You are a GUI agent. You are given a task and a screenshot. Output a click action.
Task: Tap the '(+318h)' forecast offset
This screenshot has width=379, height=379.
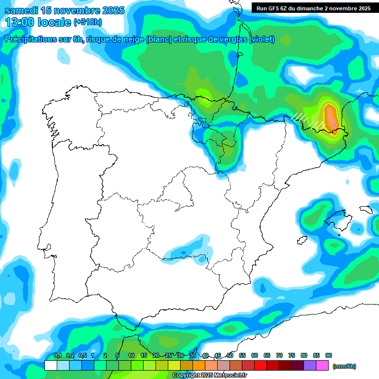tap(87, 22)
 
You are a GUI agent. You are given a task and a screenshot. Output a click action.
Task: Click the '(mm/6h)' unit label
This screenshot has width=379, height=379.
tap(344, 366)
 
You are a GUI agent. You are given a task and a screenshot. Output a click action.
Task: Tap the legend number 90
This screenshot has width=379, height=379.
tap(328, 356)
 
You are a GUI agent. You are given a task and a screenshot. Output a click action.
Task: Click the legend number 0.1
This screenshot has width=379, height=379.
tap(57, 356)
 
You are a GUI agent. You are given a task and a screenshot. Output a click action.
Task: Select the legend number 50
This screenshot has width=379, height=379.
tap(230, 356)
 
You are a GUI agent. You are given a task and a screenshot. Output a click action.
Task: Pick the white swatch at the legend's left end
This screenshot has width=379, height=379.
tap(50, 366)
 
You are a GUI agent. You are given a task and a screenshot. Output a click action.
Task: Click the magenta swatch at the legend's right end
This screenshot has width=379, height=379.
tap(322, 366)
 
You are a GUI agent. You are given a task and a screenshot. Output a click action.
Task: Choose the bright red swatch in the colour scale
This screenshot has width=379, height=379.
tap(261, 366)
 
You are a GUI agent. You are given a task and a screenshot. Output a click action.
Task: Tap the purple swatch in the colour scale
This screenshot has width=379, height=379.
tap(310, 366)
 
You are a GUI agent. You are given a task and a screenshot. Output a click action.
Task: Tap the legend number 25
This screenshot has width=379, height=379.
tap(168, 356)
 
